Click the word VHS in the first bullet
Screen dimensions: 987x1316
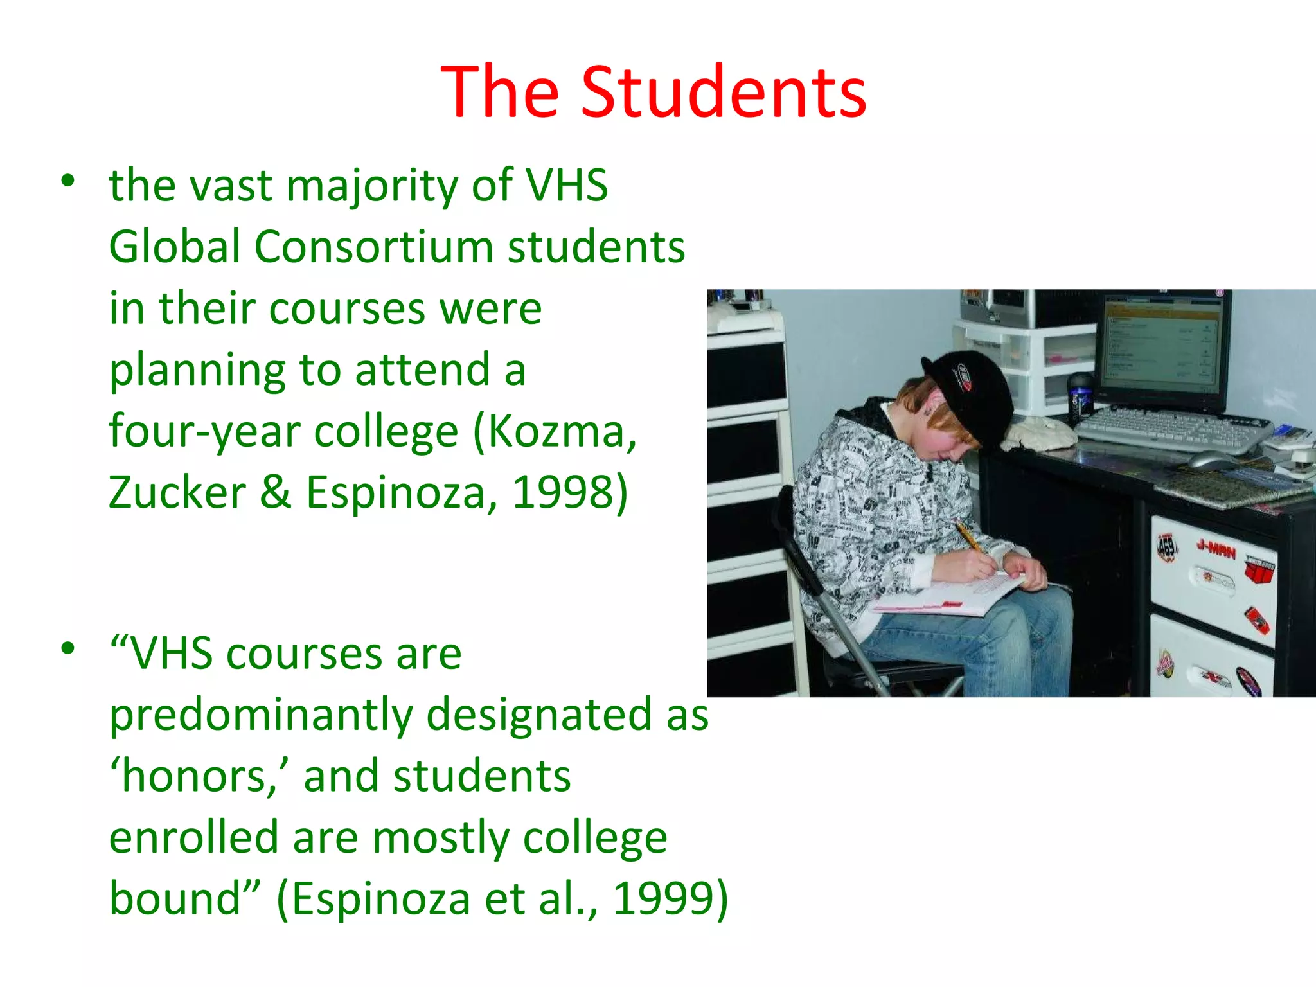pyautogui.click(x=567, y=185)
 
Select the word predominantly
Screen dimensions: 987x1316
pyautogui.click(x=261, y=715)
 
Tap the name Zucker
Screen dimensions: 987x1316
pyautogui.click(x=177, y=492)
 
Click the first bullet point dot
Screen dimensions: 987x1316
pyautogui.click(x=68, y=181)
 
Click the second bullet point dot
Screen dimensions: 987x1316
pyautogui.click(x=68, y=648)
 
